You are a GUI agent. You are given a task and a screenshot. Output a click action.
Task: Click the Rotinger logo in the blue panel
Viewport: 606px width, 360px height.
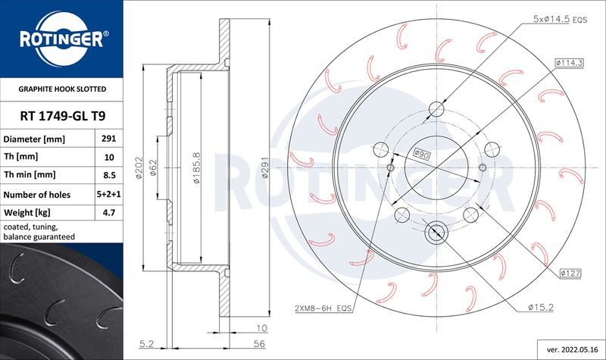(62, 39)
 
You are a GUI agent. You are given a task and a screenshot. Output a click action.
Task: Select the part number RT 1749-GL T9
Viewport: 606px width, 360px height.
(63, 116)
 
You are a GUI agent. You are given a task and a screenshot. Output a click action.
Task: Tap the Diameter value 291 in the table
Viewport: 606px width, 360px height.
(109, 139)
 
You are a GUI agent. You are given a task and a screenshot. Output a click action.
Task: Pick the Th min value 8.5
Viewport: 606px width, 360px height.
(109, 175)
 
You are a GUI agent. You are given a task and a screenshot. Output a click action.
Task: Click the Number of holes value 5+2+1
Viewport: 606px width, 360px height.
(108, 194)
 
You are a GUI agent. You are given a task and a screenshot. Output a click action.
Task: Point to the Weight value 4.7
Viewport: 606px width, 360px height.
(109, 212)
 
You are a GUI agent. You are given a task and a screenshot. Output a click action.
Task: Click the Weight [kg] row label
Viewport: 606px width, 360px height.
(27, 212)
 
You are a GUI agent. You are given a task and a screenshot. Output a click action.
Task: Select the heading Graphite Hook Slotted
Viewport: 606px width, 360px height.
(62, 89)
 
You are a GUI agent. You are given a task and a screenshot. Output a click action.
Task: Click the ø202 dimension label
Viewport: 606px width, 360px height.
(139, 167)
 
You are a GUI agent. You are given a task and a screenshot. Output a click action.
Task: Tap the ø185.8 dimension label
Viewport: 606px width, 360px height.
(197, 167)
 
